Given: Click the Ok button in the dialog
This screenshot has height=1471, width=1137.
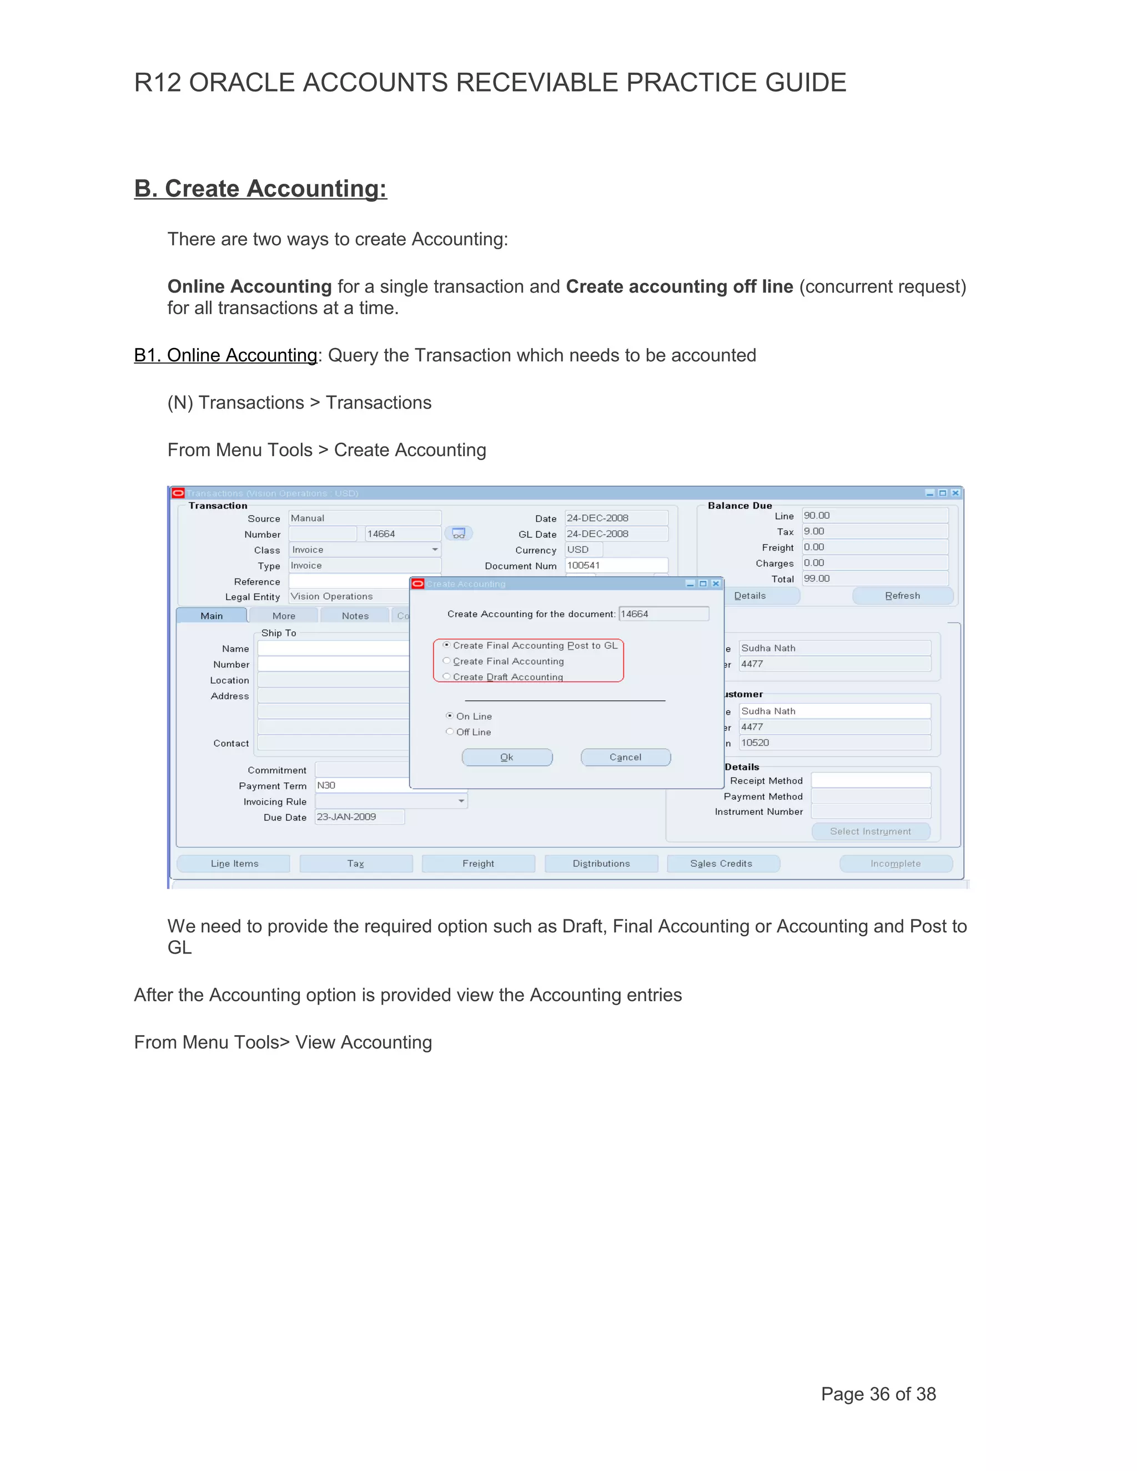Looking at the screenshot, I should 506,757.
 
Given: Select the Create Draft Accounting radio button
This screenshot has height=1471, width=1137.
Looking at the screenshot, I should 446,676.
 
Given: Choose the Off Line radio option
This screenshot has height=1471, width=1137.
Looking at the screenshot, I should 449,732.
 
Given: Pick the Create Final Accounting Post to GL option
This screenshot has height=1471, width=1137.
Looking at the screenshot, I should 446,644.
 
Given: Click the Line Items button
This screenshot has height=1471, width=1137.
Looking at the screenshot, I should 234,864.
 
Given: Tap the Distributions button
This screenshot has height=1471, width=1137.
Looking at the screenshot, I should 601,864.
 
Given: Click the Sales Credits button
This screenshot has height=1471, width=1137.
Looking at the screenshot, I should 721,864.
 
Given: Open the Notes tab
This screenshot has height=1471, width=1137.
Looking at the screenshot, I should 355,616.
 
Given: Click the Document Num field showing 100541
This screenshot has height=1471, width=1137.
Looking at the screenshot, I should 616,565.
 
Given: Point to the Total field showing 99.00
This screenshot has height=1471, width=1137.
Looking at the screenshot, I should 874,578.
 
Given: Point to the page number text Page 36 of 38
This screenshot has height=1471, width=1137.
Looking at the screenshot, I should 878,1394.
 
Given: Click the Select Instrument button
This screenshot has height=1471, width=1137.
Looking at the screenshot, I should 871,831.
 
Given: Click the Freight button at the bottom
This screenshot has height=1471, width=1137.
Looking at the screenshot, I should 478,864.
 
